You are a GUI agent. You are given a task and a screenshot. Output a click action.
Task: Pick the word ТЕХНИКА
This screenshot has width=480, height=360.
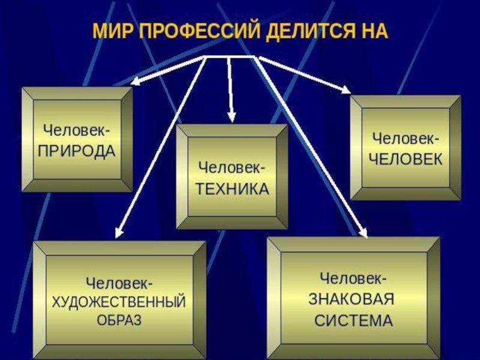click(231, 188)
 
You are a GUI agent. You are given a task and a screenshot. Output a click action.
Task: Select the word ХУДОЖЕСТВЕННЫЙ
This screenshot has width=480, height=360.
click(119, 301)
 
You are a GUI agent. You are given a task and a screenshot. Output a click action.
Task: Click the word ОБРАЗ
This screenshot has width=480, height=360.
click(119, 319)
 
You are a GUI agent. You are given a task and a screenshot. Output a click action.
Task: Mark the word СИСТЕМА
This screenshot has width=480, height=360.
click(354, 319)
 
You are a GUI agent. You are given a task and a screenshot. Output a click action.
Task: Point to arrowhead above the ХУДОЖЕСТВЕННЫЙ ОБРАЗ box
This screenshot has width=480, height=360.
click(119, 231)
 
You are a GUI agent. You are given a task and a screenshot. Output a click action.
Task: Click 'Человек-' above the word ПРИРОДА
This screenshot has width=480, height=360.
click(76, 130)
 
